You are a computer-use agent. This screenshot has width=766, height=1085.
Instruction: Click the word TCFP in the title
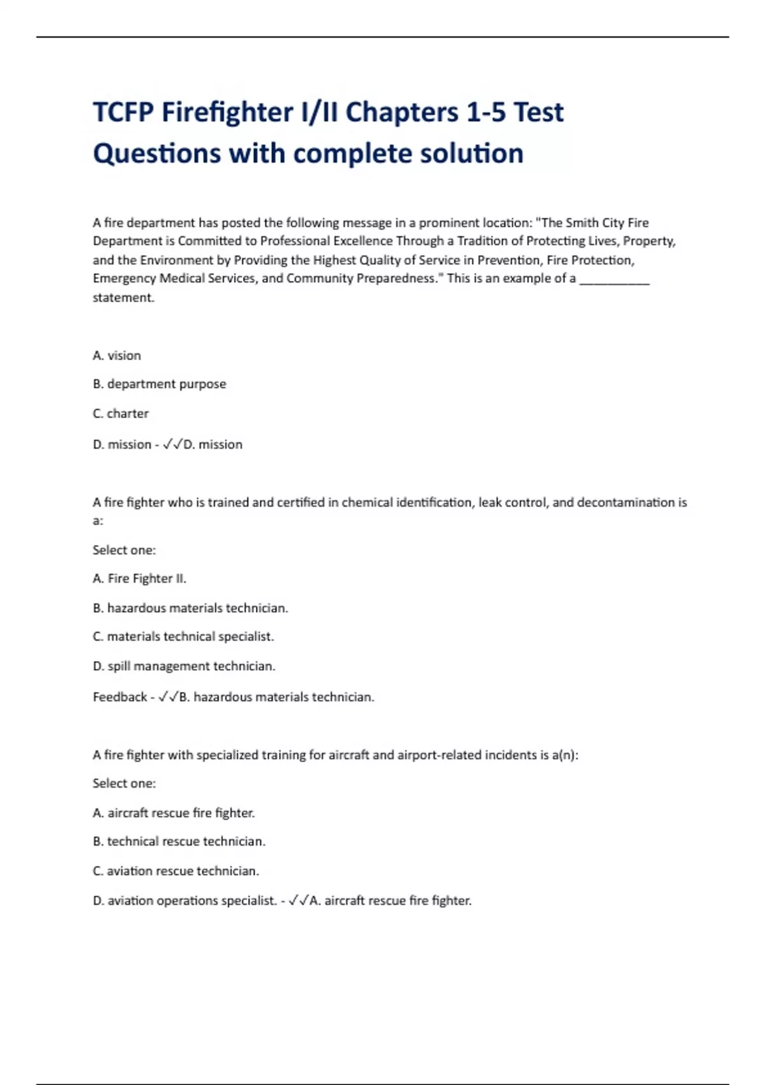[x=123, y=112]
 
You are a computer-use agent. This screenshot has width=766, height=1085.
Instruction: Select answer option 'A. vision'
[x=117, y=355]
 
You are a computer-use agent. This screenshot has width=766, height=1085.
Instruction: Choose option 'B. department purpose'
[x=160, y=384]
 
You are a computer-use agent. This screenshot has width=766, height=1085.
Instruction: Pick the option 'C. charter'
[x=121, y=414]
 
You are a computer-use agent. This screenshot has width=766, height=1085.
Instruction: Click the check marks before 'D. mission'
[x=172, y=445]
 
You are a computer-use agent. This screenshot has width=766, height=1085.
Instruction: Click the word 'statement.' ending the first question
[x=123, y=297]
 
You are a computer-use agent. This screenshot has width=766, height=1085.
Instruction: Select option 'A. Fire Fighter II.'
[x=139, y=579]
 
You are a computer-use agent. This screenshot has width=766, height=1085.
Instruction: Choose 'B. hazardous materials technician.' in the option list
[x=190, y=608]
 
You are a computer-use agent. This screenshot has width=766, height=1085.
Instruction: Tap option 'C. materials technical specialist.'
[x=183, y=637]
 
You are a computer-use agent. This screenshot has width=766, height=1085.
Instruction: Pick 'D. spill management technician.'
[x=184, y=666]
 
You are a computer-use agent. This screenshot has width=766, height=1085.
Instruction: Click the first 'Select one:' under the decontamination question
[x=124, y=550]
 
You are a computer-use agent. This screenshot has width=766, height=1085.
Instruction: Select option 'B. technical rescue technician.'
[x=179, y=842]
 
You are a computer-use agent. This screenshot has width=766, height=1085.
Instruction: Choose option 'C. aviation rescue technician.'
[x=176, y=871]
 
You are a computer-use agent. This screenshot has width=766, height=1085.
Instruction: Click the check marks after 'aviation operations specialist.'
[x=298, y=901]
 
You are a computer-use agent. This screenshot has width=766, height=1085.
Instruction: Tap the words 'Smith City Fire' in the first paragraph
[x=607, y=223]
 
